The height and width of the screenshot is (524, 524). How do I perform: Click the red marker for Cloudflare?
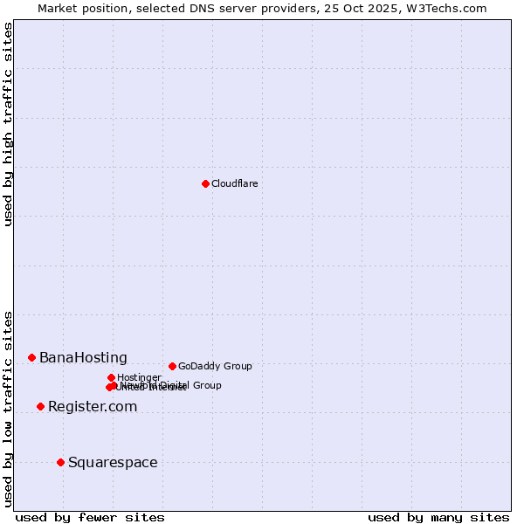point(205,183)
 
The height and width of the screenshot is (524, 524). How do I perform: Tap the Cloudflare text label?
point(234,183)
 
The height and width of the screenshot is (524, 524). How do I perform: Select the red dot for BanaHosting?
point(31,357)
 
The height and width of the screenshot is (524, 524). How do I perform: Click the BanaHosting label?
point(83,358)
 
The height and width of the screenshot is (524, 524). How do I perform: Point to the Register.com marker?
point(40,406)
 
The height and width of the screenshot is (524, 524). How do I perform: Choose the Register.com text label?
point(93,407)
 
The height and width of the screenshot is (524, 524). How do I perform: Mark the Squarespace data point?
point(60,462)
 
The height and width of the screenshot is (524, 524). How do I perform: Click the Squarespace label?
point(113,463)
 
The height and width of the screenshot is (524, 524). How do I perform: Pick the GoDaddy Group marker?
point(172,366)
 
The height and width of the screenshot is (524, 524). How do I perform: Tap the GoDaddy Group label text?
point(215,367)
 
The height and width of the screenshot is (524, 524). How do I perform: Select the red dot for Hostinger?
point(111,377)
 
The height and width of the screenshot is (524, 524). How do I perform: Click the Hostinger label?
point(139,378)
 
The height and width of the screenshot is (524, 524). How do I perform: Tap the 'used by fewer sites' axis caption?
point(90,517)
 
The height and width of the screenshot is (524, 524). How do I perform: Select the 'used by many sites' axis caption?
point(438,517)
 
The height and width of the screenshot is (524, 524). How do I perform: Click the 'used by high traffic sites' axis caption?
point(9,124)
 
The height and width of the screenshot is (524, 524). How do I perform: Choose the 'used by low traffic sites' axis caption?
point(9,408)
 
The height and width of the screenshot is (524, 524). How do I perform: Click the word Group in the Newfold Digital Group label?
point(207,385)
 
